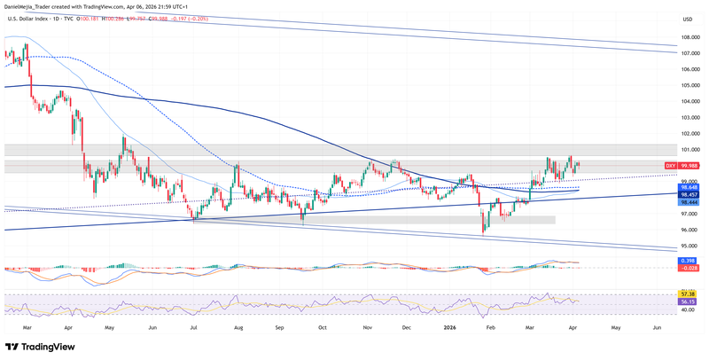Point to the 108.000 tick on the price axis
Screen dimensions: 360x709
tap(691, 38)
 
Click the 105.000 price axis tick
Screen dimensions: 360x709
tap(691, 86)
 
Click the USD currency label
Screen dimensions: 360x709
tap(688, 19)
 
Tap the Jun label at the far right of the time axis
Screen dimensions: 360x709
tap(657, 327)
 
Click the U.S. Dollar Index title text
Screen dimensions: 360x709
tap(33, 19)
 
